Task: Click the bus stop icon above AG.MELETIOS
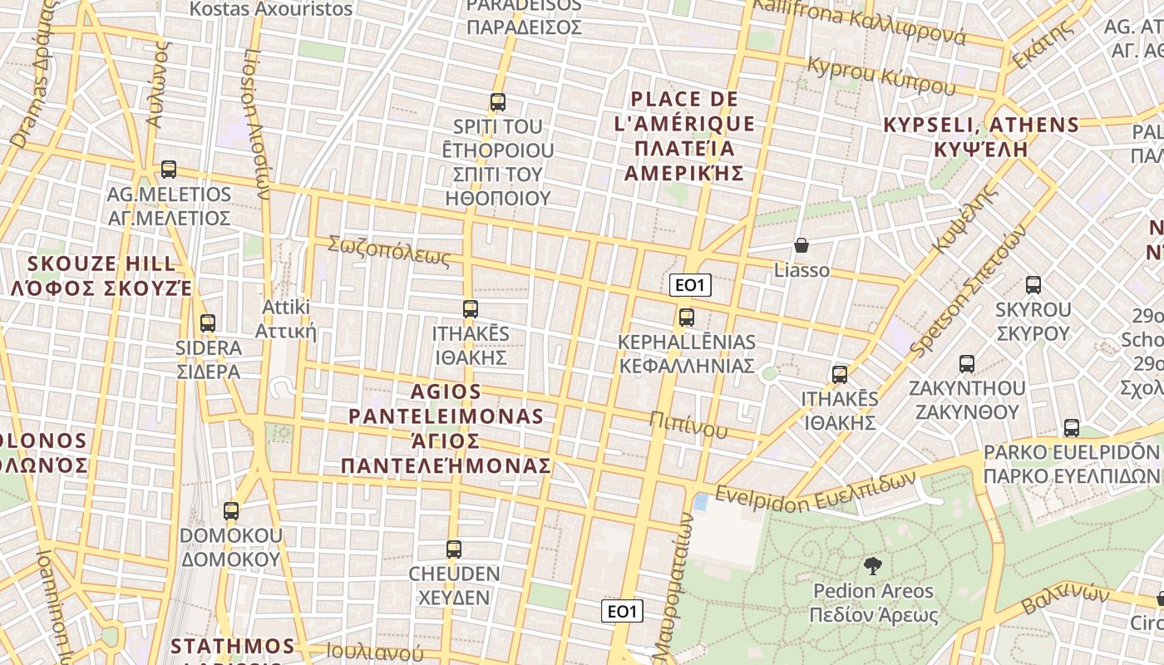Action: click(x=169, y=170)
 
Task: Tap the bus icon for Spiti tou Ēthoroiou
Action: click(x=498, y=102)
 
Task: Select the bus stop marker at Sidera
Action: click(x=208, y=323)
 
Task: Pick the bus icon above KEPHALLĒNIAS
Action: click(x=687, y=317)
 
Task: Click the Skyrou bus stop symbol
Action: click(x=1033, y=285)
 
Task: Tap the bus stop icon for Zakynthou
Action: click(x=967, y=363)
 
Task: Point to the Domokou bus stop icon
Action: click(x=231, y=511)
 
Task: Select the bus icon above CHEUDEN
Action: click(x=454, y=549)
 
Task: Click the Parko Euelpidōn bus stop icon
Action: click(x=1072, y=428)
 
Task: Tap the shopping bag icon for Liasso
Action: click(x=801, y=245)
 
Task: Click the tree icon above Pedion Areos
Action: click(x=873, y=567)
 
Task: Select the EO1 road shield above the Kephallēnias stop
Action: click(x=690, y=285)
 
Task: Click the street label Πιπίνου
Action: click(x=688, y=423)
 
